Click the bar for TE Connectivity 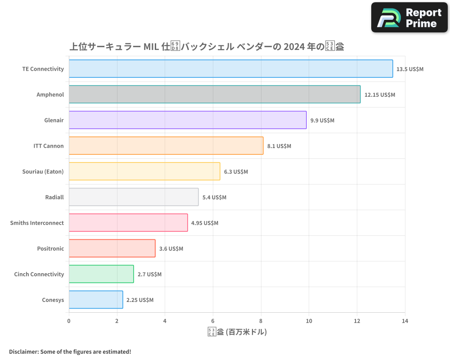coord(230,69)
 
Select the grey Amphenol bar coord(214,94)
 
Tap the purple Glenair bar coord(187,120)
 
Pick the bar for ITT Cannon coord(166,146)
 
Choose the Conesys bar coord(95,300)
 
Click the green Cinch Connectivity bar coord(101,274)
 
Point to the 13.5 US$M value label coord(410,69)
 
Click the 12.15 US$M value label coord(379,95)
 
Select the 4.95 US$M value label coord(204,223)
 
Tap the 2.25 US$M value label coord(139,300)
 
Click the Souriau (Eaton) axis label coord(43,171)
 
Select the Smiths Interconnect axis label coord(37,223)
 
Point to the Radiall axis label coord(54,197)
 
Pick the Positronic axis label coord(50,248)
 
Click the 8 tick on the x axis coord(261,321)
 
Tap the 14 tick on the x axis coord(405,321)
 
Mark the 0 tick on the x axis coord(69,321)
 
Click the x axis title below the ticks coord(237,332)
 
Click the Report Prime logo coord(409,17)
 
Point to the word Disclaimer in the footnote coord(24,351)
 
